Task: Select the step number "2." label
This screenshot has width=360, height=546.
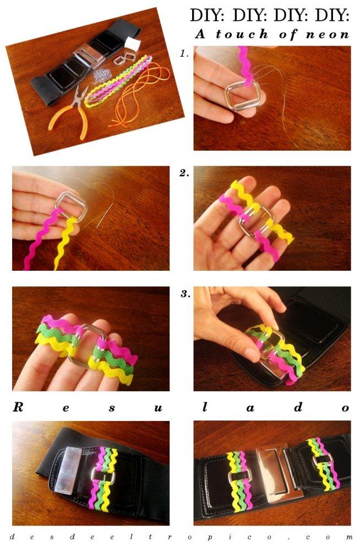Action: pos(184,173)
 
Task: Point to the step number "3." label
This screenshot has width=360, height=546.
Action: pos(185,294)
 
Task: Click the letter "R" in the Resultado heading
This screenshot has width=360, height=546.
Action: pos(18,407)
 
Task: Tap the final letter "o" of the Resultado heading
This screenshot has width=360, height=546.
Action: pos(345,408)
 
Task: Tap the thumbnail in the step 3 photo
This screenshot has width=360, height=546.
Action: pos(253,354)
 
